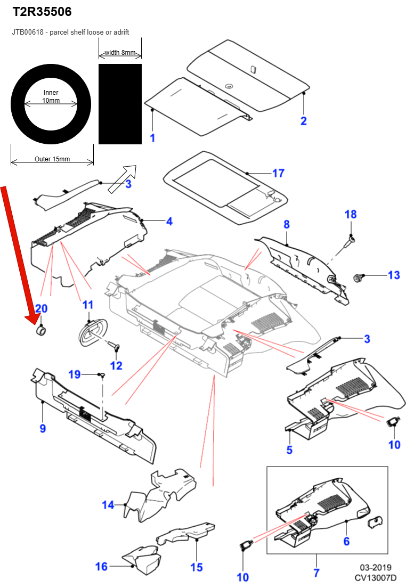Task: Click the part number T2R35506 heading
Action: click(x=42, y=11)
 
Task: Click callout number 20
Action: click(x=41, y=308)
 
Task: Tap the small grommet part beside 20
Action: click(x=41, y=332)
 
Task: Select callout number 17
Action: click(x=278, y=173)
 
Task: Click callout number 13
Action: click(x=393, y=275)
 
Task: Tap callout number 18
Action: click(x=350, y=215)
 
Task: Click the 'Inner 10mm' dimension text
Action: click(x=51, y=96)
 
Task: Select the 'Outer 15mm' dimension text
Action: click(x=52, y=159)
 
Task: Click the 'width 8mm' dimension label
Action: click(x=120, y=53)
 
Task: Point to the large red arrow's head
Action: click(x=36, y=318)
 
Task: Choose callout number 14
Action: click(x=108, y=504)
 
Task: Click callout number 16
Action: click(x=101, y=567)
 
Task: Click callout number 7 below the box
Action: click(x=316, y=573)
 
